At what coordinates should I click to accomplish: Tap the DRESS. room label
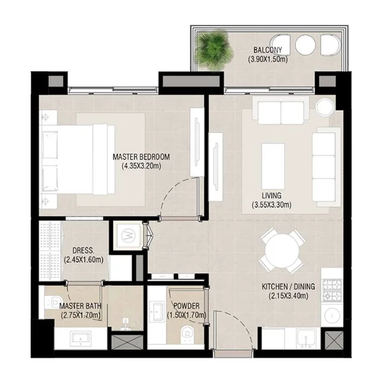coord(82,250)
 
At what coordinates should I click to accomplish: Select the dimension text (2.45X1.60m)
coord(83,260)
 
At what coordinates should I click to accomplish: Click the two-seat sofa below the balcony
coord(281,111)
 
